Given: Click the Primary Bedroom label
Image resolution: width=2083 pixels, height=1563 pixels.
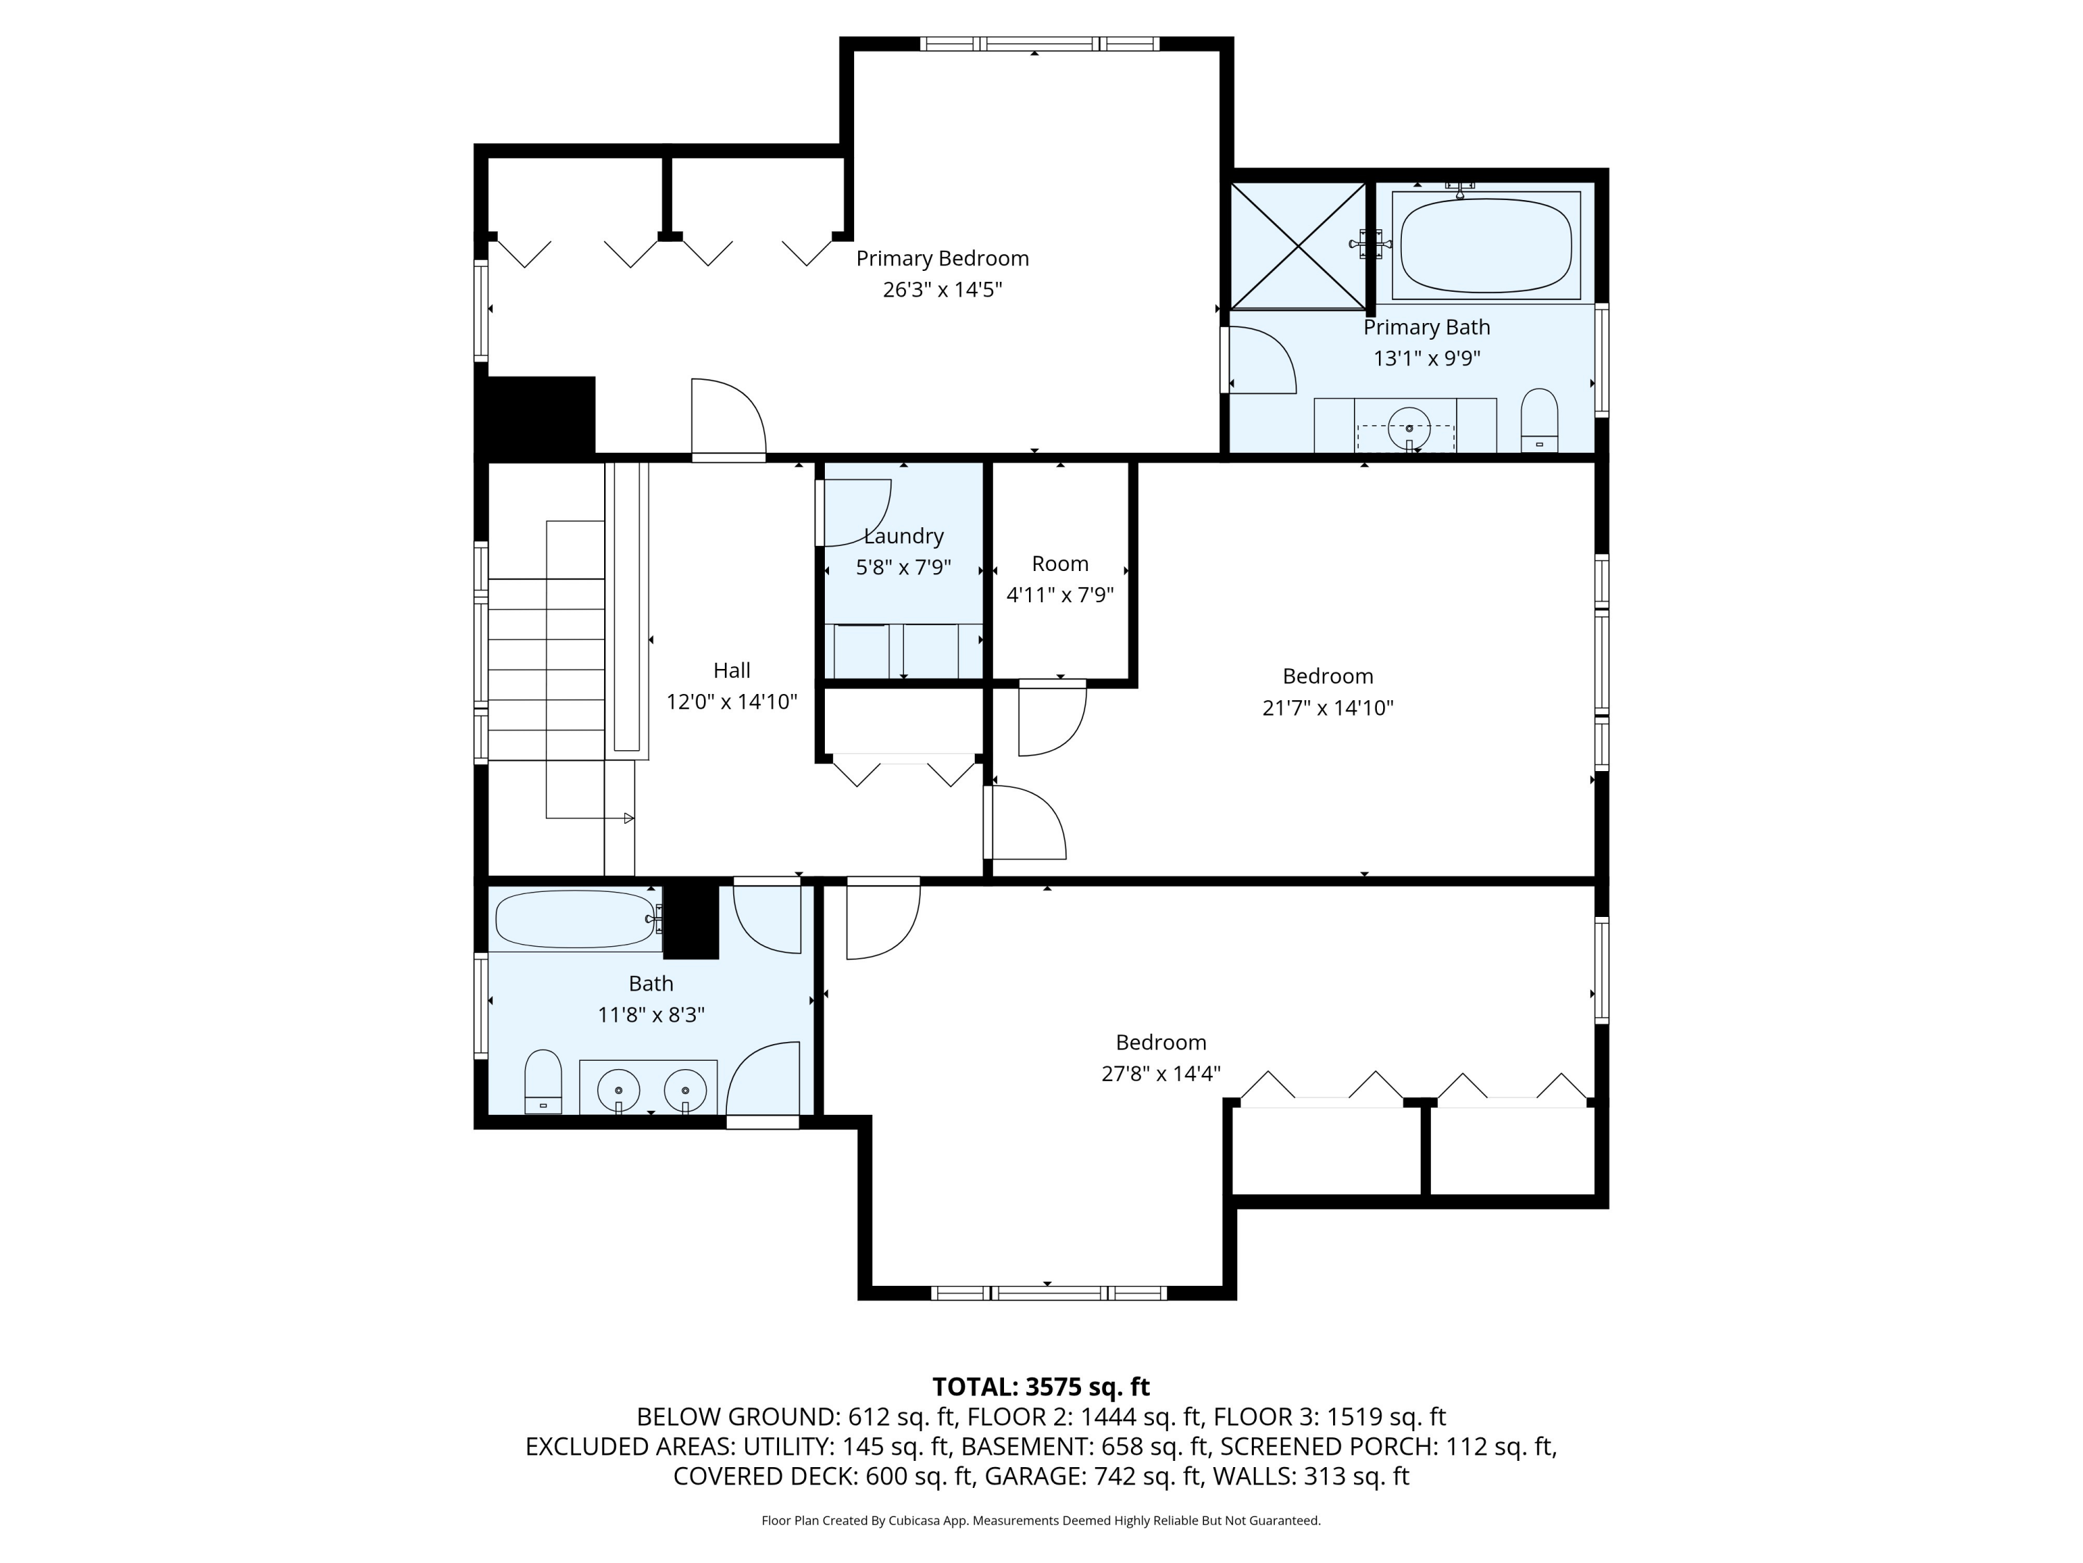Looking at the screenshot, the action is (x=942, y=258).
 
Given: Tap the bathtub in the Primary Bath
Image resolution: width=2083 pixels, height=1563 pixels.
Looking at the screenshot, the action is (x=1485, y=246).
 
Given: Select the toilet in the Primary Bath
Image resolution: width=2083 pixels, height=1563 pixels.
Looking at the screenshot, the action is (x=1539, y=420).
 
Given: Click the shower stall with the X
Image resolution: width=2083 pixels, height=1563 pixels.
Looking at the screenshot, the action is (x=1298, y=246).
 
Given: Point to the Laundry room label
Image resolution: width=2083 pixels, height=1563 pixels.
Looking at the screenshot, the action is (x=903, y=536).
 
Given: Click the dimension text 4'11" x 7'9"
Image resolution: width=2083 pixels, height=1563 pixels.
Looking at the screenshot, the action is (x=1060, y=595).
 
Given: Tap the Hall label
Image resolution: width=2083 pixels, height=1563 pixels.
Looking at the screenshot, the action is (x=732, y=670).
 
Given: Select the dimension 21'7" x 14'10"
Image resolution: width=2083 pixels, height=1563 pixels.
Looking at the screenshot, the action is (x=1328, y=708).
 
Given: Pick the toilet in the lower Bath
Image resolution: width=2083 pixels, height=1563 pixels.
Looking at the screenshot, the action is (x=542, y=1082).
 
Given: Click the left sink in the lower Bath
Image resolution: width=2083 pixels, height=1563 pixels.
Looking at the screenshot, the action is (x=619, y=1091).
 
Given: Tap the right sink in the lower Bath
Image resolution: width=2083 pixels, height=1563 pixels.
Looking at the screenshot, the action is (x=685, y=1091).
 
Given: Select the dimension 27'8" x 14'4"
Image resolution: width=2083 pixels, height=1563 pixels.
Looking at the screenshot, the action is (x=1161, y=1073).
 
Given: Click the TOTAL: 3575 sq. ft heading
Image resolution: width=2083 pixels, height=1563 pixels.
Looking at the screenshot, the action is (x=1041, y=1387).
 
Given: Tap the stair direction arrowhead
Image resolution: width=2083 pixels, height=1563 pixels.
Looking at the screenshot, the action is (x=629, y=818).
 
